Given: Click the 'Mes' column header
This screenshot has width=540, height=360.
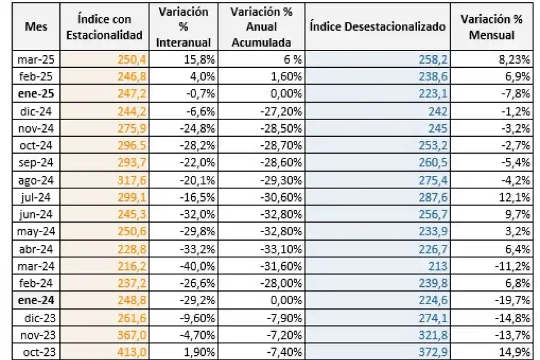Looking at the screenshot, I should tap(32, 28).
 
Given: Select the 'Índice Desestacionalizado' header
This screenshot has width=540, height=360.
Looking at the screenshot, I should tap(378, 28).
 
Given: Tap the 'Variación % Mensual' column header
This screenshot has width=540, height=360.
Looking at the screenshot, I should tap(491, 28).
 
